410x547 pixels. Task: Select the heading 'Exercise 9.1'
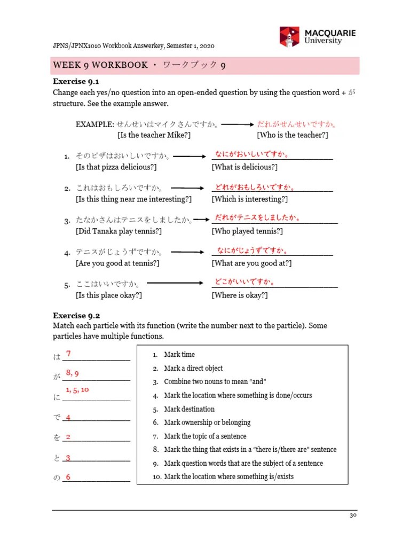click(x=76, y=82)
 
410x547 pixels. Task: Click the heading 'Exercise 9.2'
click(x=76, y=315)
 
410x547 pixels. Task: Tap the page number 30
click(x=353, y=515)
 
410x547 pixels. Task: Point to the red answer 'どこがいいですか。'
click(x=245, y=282)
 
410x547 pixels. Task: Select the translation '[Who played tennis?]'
click(x=247, y=231)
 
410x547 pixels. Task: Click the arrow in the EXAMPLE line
click(x=238, y=124)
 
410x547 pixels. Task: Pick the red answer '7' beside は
click(x=68, y=354)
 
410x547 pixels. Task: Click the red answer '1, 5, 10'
click(x=77, y=390)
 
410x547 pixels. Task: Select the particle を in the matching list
click(x=57, y=437)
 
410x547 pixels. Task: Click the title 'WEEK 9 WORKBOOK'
click(x=100, y=65)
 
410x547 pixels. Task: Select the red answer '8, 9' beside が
click(x=73, y=373)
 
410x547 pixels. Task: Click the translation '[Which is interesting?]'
click(x=249, y=199)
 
